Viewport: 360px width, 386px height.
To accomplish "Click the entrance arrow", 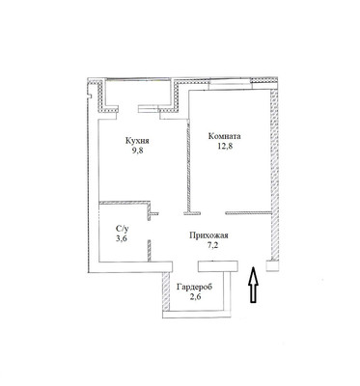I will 253,289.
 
